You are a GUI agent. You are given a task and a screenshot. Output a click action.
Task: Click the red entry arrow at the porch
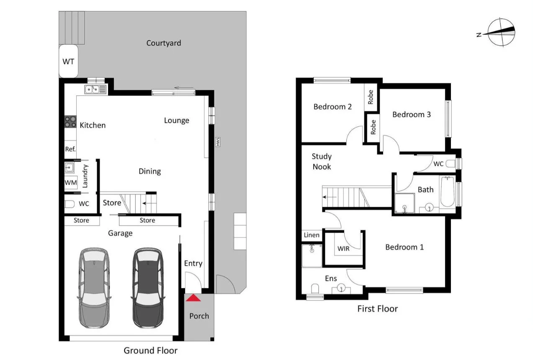pyautogui.click(x=193, y=298)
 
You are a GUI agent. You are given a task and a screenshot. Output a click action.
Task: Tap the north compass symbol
pyautogui.click(x=501, y=32)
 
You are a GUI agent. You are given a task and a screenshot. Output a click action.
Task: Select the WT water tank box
pyautogui.click(x=68, y=62)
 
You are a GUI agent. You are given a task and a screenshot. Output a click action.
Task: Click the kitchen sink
pyautogui.click(x=95, y=89)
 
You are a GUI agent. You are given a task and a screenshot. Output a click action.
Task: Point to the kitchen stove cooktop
pyautogui.click(x=70, y=122)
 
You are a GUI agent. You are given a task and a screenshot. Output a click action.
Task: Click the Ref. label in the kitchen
pyautogui.click(x=70, y=149)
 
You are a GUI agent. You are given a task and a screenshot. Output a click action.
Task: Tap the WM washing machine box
pyautogui.click(x=70, y=183)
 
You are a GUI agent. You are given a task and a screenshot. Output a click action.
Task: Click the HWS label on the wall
pyautogui.click(x=218, y=142)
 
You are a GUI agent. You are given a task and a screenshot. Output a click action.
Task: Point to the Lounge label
pyautogui.click(x=176, y=121)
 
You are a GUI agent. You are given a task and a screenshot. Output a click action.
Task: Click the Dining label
pyautogui.click(x=149, y=171)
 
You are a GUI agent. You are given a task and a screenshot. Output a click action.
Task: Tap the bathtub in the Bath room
pyautogui.click(x=447, y=192)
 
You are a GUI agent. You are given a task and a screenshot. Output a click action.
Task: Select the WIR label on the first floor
pyautogui.click(x=343, y=248)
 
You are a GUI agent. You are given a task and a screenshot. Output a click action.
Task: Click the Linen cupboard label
pyautogui.click(x=311, y=235)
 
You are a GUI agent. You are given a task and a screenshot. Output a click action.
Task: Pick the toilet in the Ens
pyautogui.click(x=316, y=288)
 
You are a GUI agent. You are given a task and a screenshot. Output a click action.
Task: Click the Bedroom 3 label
pyautogui.click(x=411, y=114)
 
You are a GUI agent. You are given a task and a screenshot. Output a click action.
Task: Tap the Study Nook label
pyautogui.click(x=322, y=162)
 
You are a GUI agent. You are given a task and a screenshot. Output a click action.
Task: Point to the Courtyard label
pyautogui.click(x=163, y=43)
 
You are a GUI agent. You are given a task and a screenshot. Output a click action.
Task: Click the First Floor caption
pyautogui.click(x=377, y=309)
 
